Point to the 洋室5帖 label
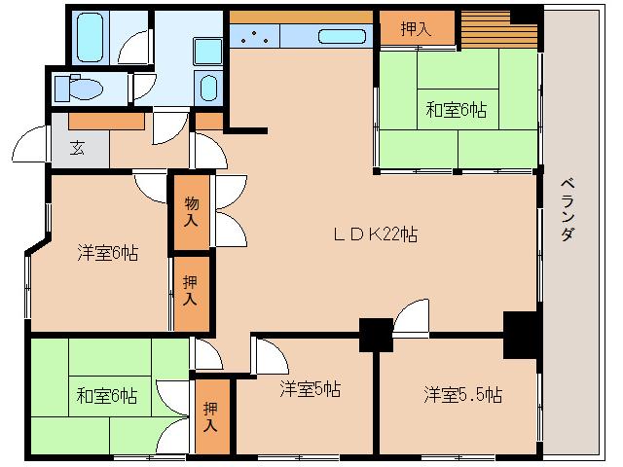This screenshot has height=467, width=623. [310, 390]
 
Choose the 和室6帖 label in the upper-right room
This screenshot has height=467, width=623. [456, 110]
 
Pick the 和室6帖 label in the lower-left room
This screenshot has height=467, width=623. [107, 396]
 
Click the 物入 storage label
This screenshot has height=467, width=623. [191, 211]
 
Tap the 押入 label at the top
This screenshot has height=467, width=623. [416, 29]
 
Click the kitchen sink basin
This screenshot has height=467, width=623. [341, 38]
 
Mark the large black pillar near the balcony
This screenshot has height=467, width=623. [520, 335]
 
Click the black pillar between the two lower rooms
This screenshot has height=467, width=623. [375, 334]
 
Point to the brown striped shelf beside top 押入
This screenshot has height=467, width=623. [487, 23]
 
